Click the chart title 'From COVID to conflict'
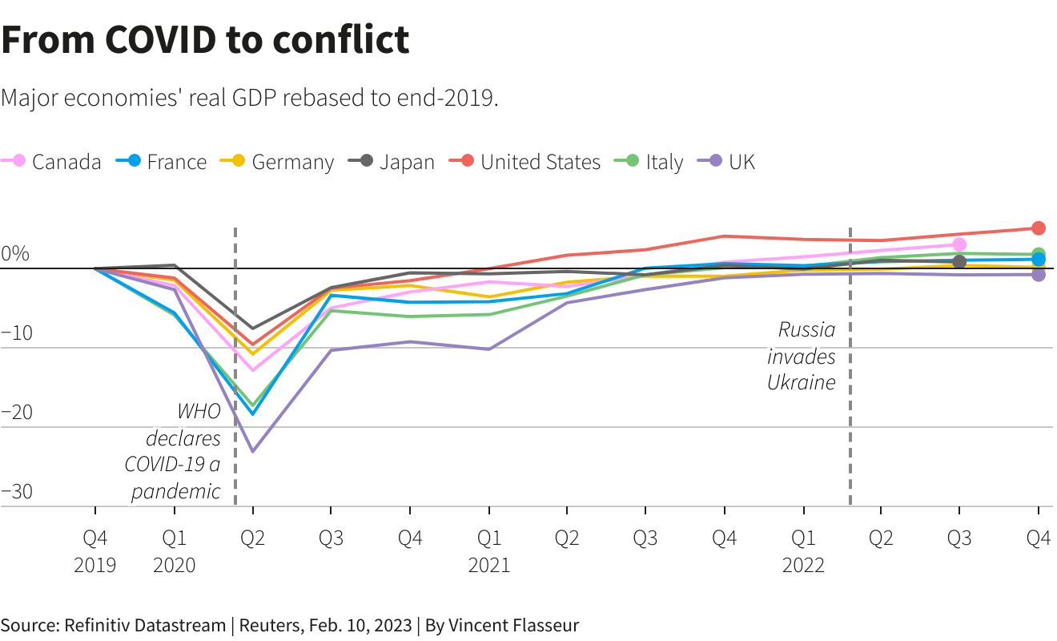(x=205, y=40)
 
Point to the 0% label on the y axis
(x=14, y=255)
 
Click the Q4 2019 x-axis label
(x=95, y=551)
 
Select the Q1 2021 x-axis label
(x=489, y=551)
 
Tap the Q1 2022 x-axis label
(x=803, y=551)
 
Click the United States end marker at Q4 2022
(x=1039, y=228)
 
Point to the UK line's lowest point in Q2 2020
(x=253, y=452)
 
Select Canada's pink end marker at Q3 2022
(x=959, y=244)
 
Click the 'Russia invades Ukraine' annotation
(x=802, y=356)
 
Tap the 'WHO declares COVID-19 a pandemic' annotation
(x=173, y=452)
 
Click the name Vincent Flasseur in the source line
(x=513, y=625)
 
